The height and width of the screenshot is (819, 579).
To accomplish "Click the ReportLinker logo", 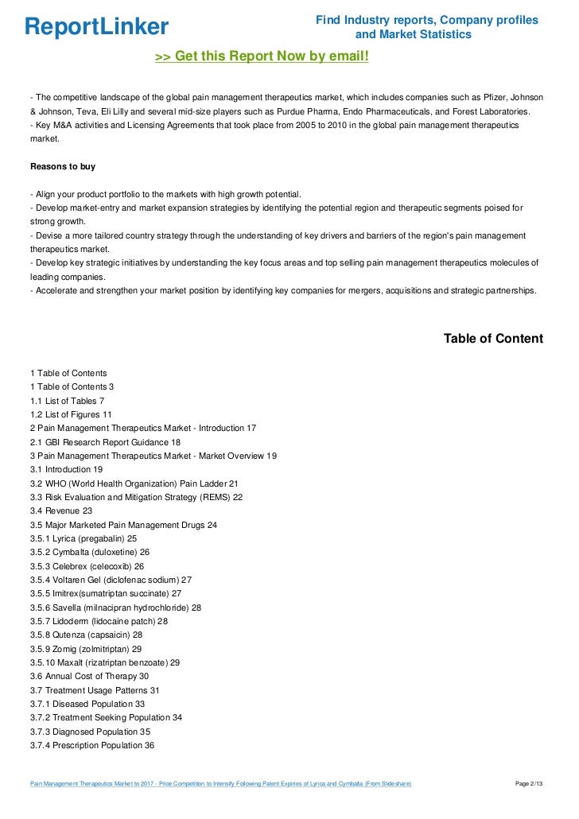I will pyautogui.click(x=96, y=27).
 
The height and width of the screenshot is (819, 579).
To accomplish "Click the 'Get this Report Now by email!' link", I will pyautogui.click(x=262, y=56).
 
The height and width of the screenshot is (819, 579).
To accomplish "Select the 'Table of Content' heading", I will pyautogui.click(x=493, y=339).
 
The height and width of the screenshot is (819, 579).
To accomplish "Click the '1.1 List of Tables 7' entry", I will pyautogui.click(x=67, y=401).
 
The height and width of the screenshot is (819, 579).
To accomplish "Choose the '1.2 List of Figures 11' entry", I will pyautogui.click(x=71, y=414).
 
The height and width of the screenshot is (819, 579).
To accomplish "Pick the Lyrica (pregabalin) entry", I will pyautogui.click(x=88, y=539).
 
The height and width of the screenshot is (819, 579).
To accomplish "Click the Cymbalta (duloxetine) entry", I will pyautogui.click(x=90, y=553).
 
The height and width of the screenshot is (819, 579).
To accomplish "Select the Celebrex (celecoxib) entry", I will pyautogui.click(x=87, y=566).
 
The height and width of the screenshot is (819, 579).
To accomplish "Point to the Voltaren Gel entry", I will pyautogui.click(x=111, y=580).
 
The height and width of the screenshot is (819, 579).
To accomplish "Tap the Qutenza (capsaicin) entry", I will pyautogui.click(x=86, y=635).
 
